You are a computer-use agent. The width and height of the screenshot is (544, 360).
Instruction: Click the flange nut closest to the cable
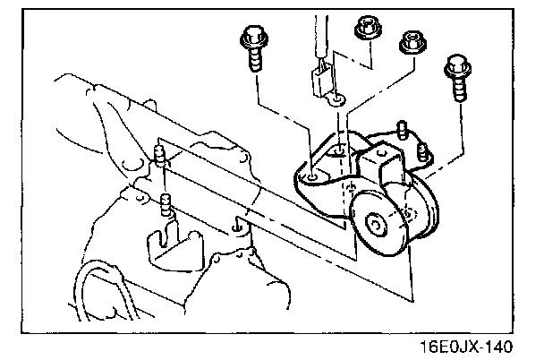pyautogui.click(x=364, y=27)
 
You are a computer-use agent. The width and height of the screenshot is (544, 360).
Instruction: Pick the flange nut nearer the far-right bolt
pyautogui.click(x=411, y=40)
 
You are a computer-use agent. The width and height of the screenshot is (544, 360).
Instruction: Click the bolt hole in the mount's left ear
pyautogui.click(x=310, y=178)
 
